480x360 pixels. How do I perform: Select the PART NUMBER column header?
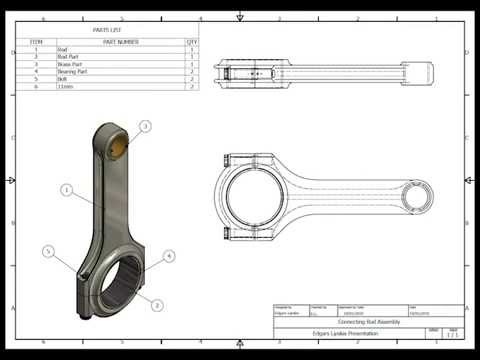[120, 42]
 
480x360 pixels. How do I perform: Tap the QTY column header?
[191, 42]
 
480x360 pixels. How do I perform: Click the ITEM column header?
[36, 42]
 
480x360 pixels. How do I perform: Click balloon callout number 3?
[145, 126]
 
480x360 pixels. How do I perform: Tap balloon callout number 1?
[66, 188]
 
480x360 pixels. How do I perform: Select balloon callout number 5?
[47, 251]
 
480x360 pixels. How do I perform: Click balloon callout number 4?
[169, 256]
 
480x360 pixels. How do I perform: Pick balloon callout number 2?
[157, 304]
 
